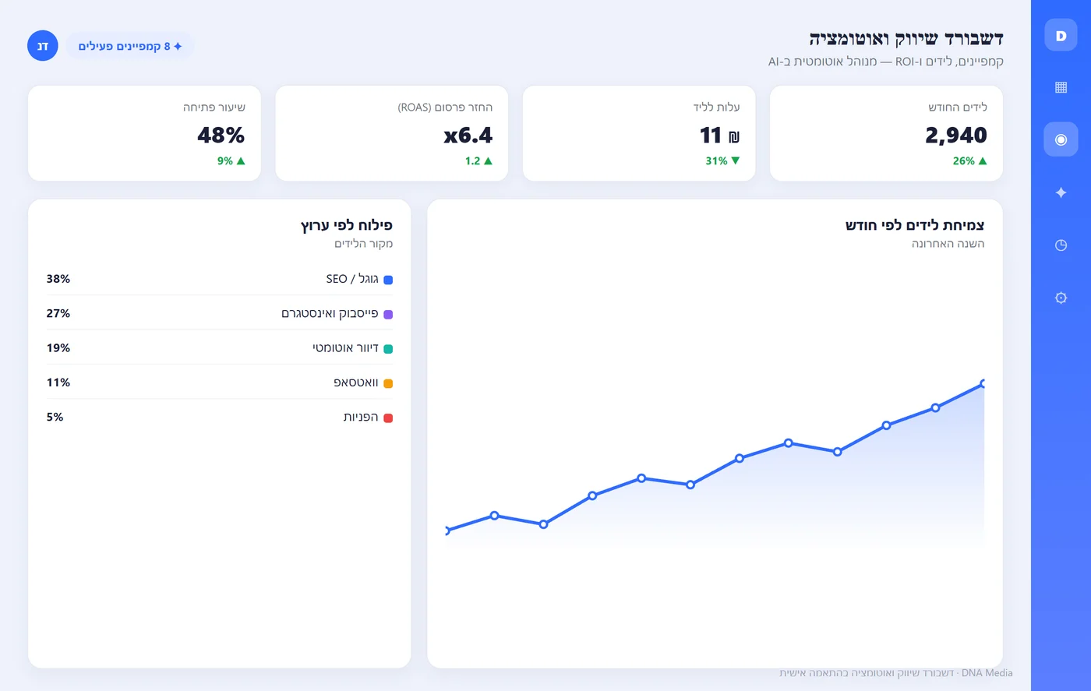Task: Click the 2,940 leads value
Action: click(955, 135)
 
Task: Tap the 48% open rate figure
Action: click(221, 135)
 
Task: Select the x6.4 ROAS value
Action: click(468, 135)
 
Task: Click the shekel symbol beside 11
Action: click(734, 137)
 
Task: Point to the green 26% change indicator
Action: click(969, 160)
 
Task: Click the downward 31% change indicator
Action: click(723, 160)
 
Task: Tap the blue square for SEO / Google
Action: click(388, 280)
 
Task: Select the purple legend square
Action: click(388, 314)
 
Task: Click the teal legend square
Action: click(388, 349)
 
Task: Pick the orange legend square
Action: click(388, 383)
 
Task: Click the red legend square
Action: click(388, 418)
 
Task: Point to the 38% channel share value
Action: click(58, 279)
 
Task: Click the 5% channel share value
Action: click(55, 417)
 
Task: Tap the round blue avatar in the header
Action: click(42, 46)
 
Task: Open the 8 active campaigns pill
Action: click(129, 46)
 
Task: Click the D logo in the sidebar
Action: click(1061, 35)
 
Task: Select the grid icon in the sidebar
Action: click(1061, 87)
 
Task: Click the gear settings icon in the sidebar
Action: click(1061, 298)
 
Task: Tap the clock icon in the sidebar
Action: click(1061, 245)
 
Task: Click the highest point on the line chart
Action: click(983, 383)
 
